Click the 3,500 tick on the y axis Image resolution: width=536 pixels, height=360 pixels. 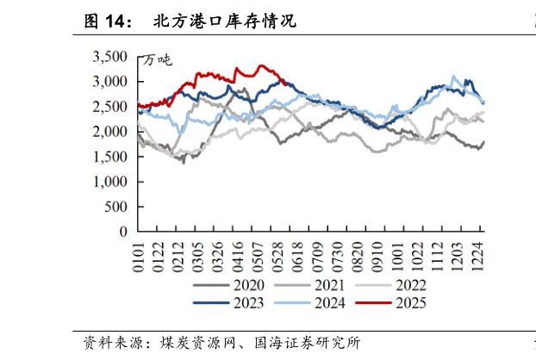(109, 57)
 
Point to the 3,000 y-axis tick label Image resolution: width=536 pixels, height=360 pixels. (109, 82)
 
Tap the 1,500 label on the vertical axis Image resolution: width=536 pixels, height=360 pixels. (109, 157)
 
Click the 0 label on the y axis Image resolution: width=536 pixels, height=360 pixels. (122, 232)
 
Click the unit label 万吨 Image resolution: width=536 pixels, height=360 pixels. (158, 60)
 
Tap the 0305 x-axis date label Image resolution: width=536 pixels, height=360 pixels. (198, 257)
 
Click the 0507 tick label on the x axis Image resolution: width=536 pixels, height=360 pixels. (257, 257)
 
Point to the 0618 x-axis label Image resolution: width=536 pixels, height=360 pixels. (296, 257)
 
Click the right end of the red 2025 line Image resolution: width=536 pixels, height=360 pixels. (286, 84)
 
